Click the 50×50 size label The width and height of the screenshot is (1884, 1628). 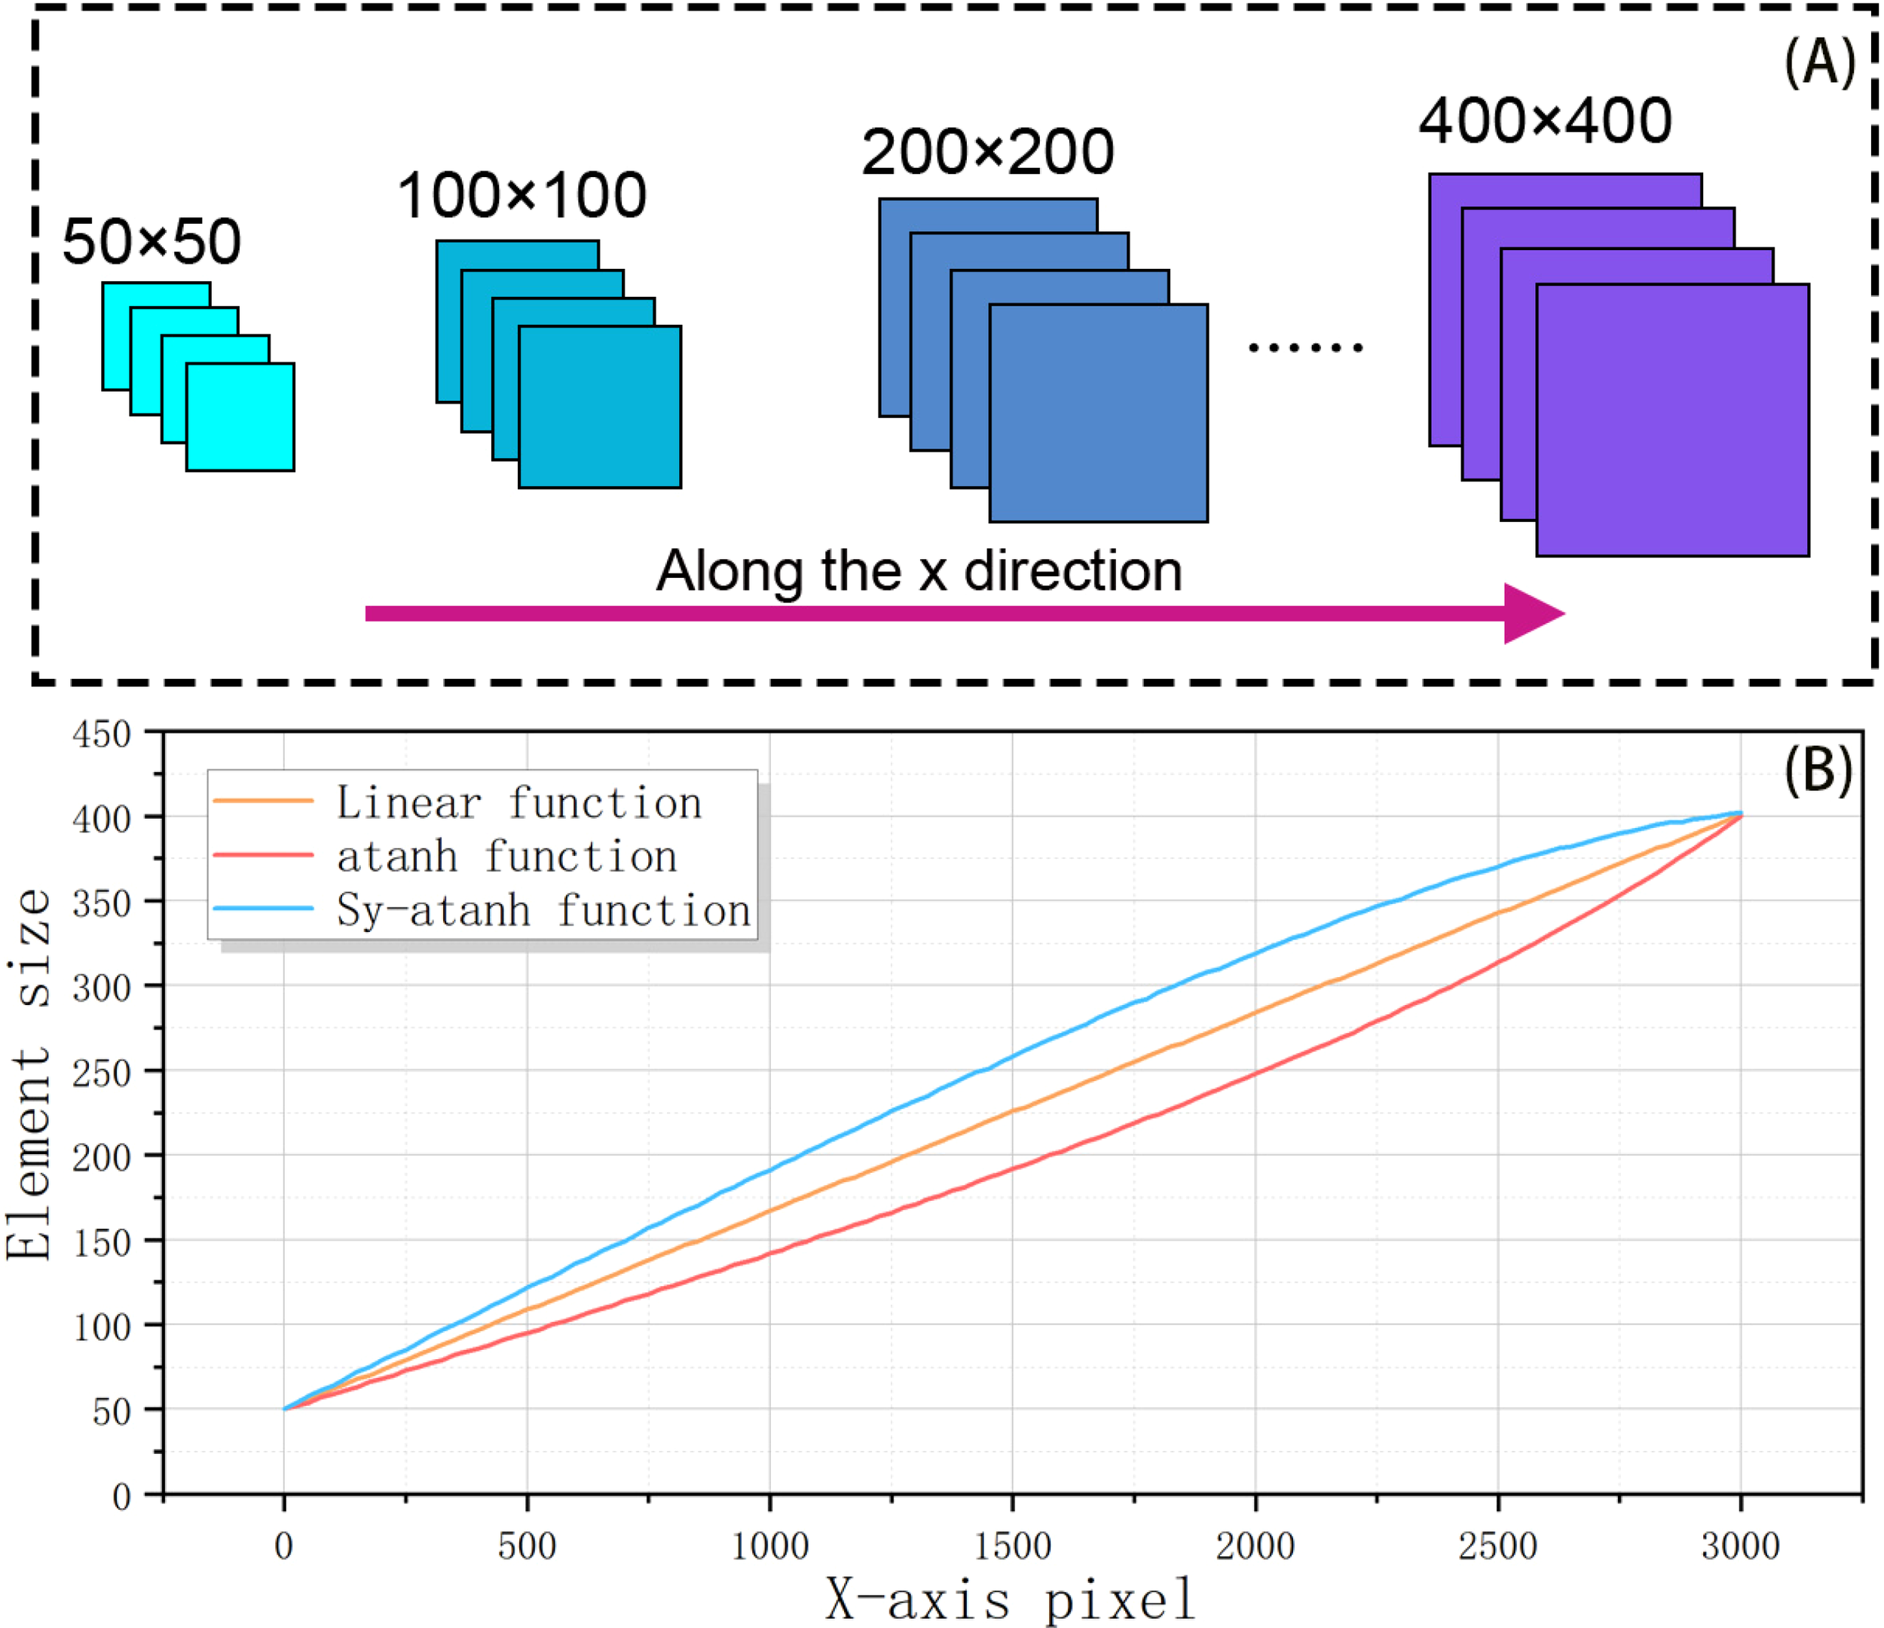coord(151,243)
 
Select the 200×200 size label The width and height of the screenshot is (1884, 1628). coord(987,153)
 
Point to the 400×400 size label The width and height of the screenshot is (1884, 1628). coord(1545,121)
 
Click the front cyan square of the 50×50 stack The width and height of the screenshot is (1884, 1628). coord(240,417)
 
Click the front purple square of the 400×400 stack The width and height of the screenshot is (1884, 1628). coord(1672,420)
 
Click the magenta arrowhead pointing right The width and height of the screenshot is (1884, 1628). coord(1531,613)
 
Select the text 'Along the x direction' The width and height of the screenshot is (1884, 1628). coord(919,572)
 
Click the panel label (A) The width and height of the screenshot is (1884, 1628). coord(1818,65)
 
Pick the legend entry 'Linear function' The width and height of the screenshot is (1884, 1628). coord(518,802)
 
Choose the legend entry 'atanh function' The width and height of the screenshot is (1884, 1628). coord(506,857)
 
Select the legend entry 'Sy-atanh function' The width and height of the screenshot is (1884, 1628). coord(543,910)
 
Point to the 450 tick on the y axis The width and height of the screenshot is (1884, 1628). coord(102,735)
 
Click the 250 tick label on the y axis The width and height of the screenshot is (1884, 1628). coord(102,1073)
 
